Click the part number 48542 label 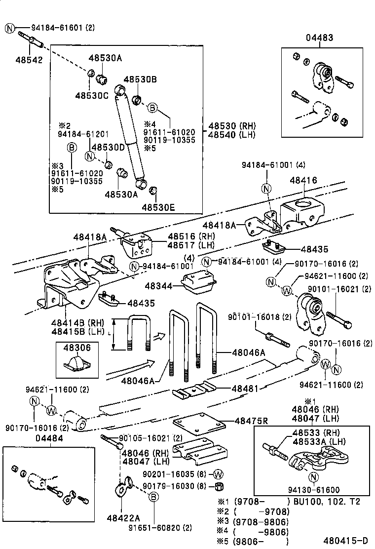pyautogui.click(x=29, y=60)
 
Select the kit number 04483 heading pyautogui.click(x=319, y=37)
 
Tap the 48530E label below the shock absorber pyautogui.click(x=158, y=208)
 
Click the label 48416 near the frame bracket pyautogui.click(x=303, y=181)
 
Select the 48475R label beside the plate pyautogui.click(x=251, y=421)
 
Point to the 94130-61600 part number pyautogui.click(x=314, y=490)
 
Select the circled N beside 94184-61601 pyautogui.click(x=10, y=28)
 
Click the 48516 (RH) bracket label pyautogui.click(x=184, y=236)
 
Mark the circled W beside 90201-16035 pyautogui.click(x=219, y=474)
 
